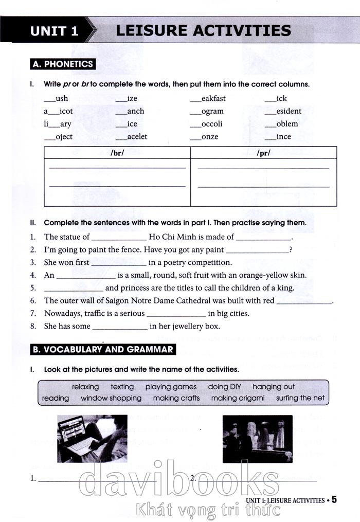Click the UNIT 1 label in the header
[x=54, y=30]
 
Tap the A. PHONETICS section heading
[x=63, y=64]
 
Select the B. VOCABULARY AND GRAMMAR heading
[x=103, y=350]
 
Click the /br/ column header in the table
[x=117, y=153]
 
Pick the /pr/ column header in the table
[x=263, y=153]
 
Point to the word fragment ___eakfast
[x=208, y=99]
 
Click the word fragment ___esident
[x=283, y=111]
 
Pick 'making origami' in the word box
[x=238, y=398]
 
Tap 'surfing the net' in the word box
[x=300, y=398]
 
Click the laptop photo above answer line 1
[x=92, y=439]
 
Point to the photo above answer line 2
[x=257, y=439]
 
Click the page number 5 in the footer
[x=334, y=499]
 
